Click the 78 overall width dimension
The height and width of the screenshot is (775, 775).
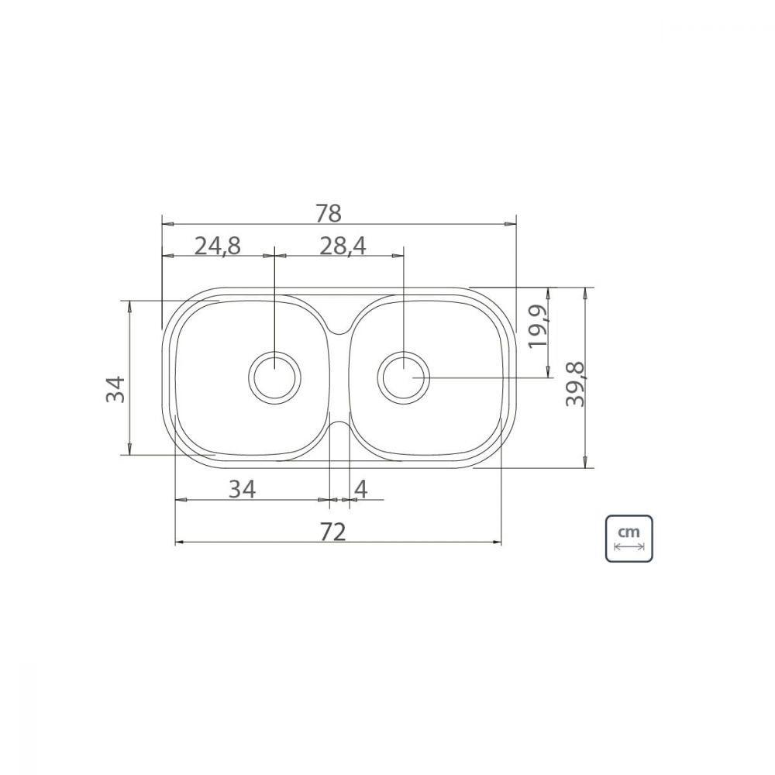pyautogui.click(x=329, y=212)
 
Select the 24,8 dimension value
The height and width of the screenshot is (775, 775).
pyautogui.click(x=218, y=246)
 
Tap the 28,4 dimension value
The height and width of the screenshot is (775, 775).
pyautogui.click(x=343, y=246)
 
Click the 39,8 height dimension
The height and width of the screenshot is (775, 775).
pyautogui.click(x=577, y=379)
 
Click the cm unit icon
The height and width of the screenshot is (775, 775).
pyautogui.click(x=629, y=538)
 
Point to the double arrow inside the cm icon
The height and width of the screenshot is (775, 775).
pyautogui.click(x=629, y=546)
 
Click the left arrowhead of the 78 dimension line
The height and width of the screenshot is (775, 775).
pyautogui.click(x=165, y=223)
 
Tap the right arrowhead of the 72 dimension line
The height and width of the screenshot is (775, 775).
pyautogui.click(x=498, y=542)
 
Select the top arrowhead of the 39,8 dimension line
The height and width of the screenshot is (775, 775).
pyautogui.click(x=584, y=291)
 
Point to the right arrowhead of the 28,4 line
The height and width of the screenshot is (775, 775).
pyautogui.click(x=399, y=255)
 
